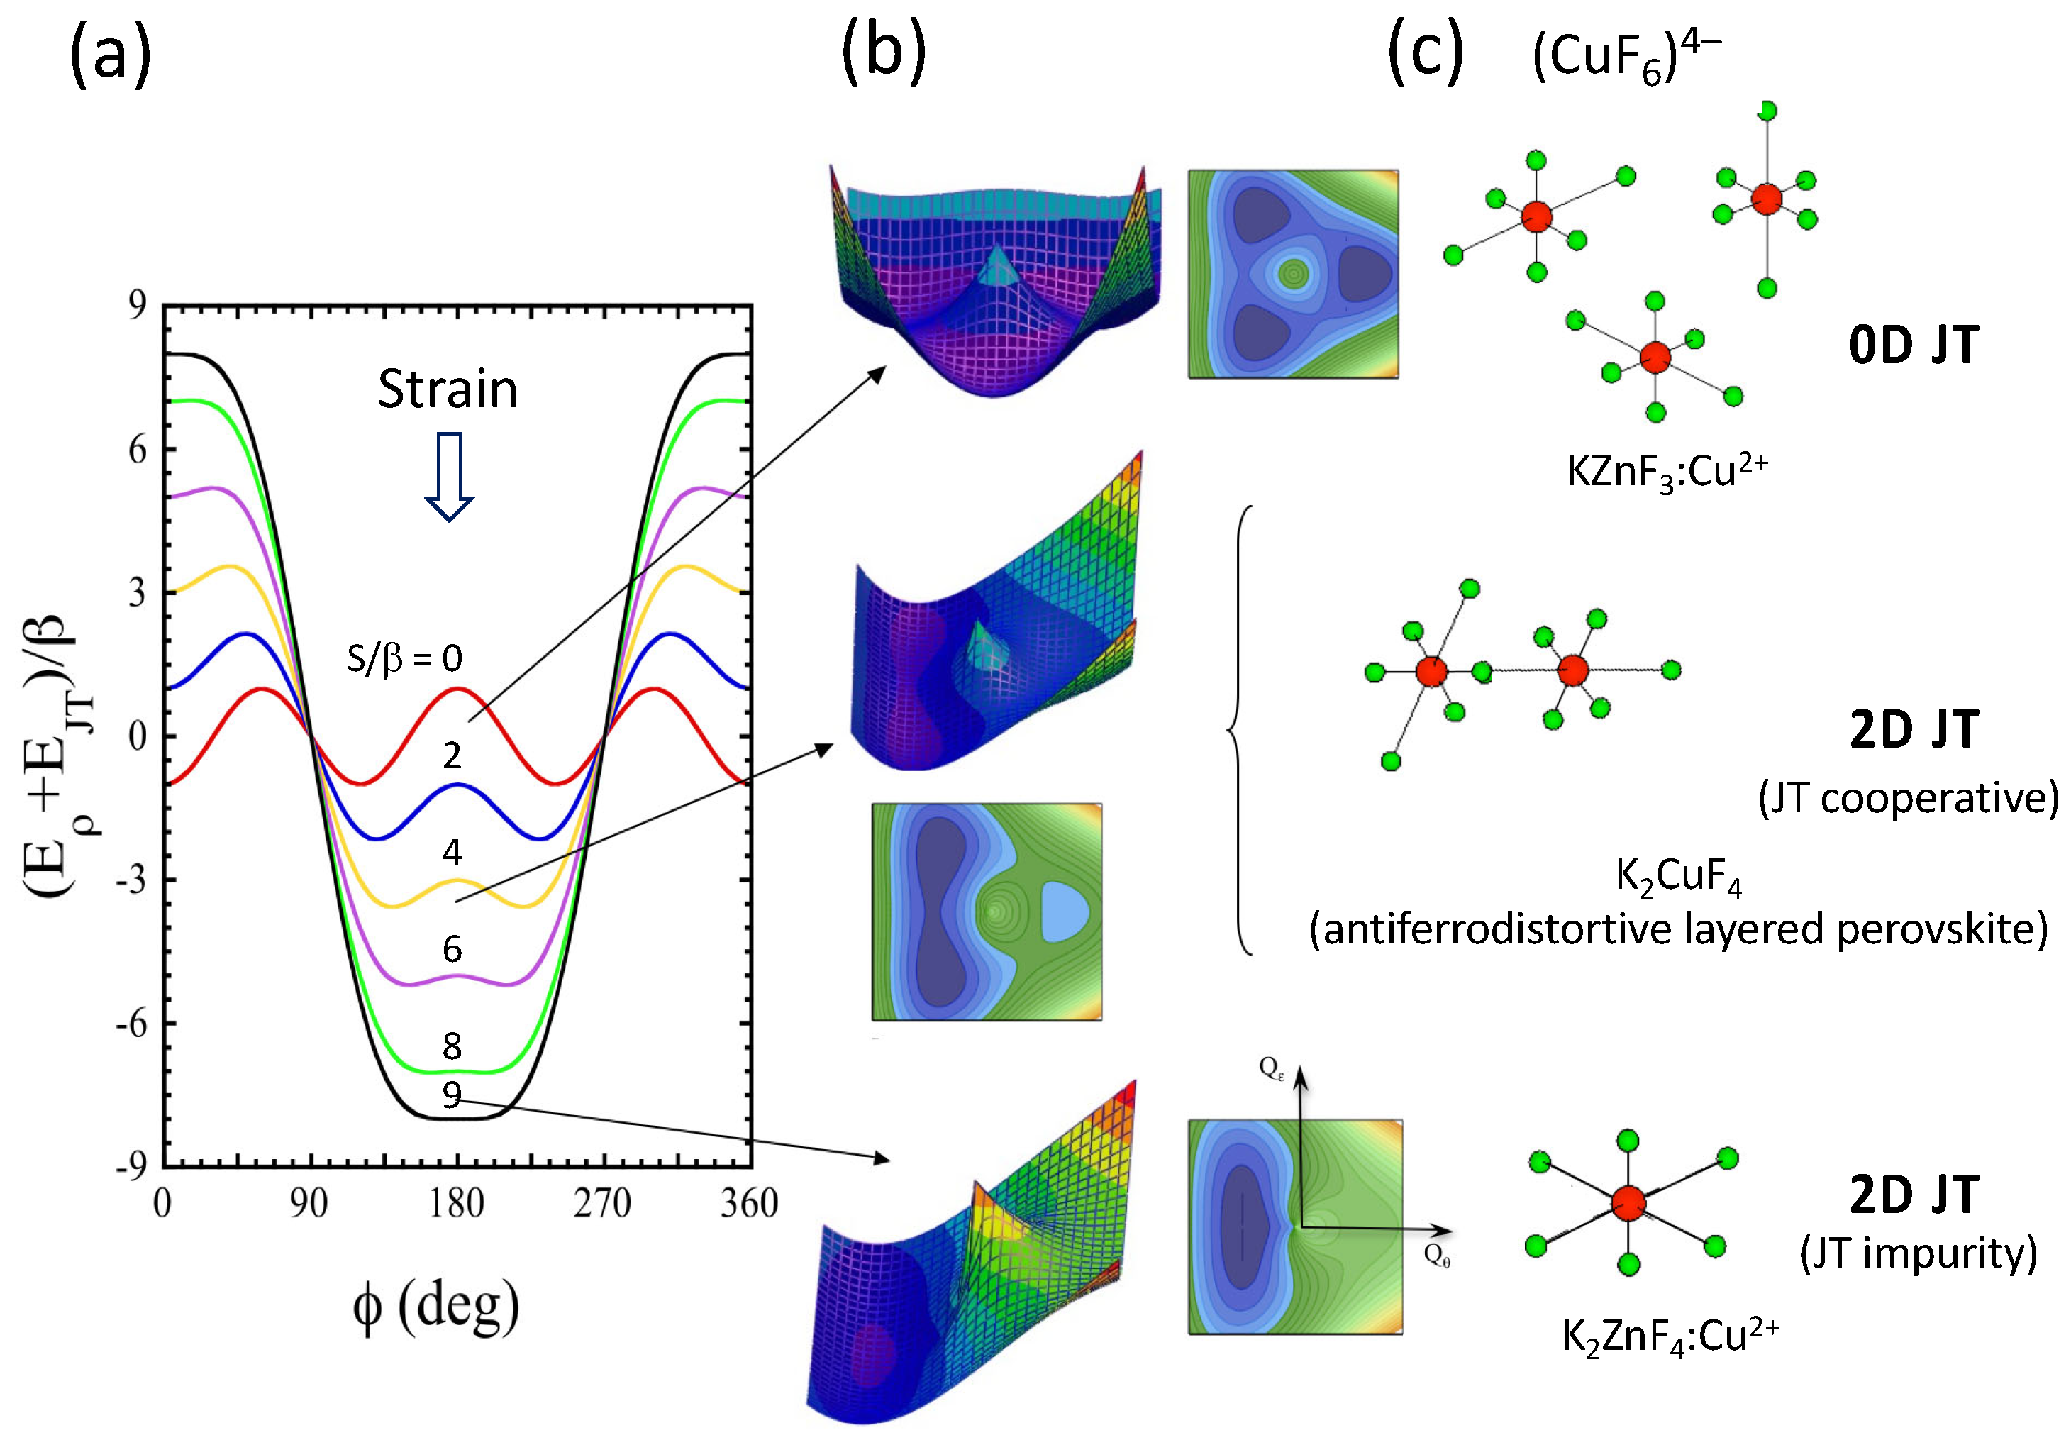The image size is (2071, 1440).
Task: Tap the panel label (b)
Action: point(883,52)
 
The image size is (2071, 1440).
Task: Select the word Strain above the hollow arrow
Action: point(448,389)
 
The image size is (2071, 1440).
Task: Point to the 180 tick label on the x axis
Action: point(457,1204)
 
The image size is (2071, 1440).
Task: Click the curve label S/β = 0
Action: point(404,659)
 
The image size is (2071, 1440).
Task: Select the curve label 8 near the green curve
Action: point(452,1046)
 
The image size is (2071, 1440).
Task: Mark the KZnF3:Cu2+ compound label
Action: point(1667,471)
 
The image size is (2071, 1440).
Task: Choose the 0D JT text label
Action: point(1914,345)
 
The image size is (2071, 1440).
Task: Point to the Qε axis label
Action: point(1271,1069)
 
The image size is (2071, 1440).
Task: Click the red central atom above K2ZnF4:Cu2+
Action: point(1628,1202)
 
